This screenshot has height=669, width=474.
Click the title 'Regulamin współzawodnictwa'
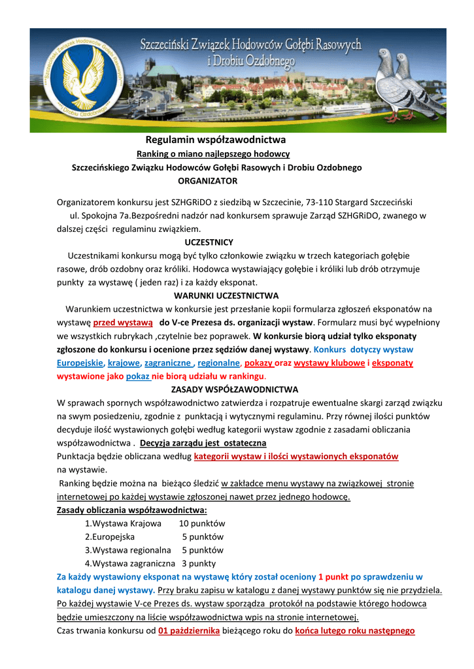(215, 140)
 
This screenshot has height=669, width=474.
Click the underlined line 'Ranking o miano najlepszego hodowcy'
(212, 154)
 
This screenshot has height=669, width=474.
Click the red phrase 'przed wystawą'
(123, 323)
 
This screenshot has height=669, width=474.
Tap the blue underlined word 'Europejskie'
(80, 363)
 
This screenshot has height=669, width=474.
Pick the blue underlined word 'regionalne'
(219, 363)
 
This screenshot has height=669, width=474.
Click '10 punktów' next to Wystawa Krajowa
(202, 523)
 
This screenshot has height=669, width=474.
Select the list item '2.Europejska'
(110, 536)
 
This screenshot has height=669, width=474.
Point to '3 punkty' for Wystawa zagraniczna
(199, 563)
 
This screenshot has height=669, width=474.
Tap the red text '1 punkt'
(333, 577)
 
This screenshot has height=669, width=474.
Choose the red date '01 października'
(188, 631)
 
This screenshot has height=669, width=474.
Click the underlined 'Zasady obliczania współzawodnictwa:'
(132, 510)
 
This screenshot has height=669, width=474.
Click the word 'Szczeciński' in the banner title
(174, 46)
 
